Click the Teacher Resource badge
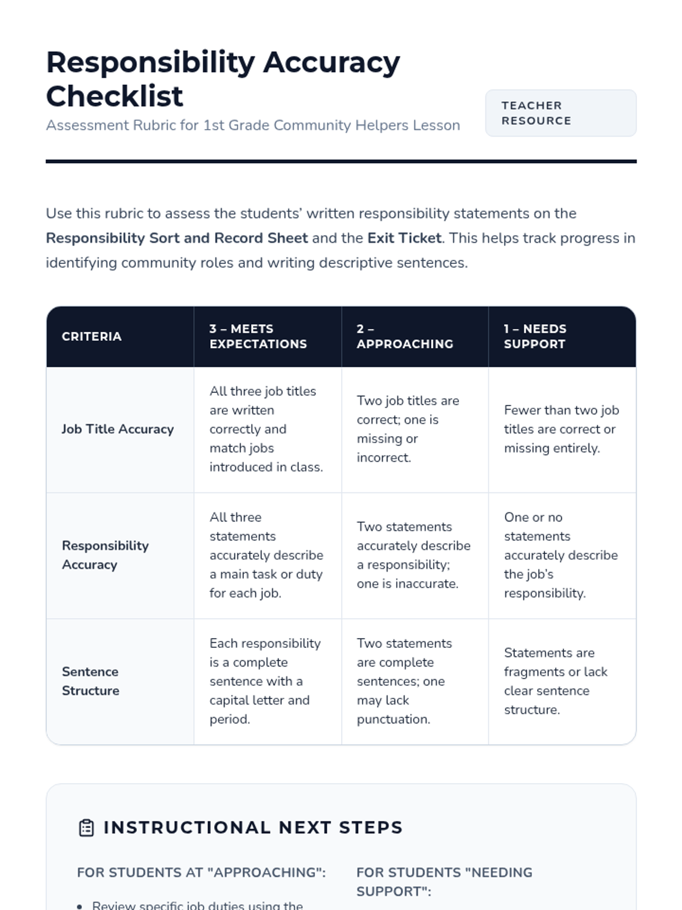560,113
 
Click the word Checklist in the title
115,96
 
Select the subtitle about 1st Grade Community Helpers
253,125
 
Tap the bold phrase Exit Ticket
404,238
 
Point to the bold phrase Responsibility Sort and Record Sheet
177,238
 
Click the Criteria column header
92,337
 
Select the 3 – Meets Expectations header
258,336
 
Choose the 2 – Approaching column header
405,336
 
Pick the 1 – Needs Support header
534,336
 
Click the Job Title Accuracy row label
118,429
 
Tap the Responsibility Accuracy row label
105,555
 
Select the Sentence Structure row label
90,681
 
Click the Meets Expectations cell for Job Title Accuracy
266,429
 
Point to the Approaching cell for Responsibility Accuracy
413,555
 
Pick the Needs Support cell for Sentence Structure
555,681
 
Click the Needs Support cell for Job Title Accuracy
561,429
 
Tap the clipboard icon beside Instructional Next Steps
86,828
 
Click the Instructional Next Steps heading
253,828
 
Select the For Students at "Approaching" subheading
201,872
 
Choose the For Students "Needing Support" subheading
444,882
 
